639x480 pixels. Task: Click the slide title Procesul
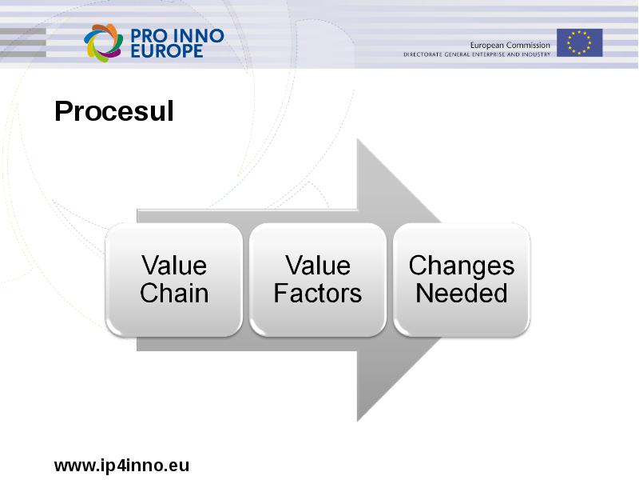[x=114, y=111]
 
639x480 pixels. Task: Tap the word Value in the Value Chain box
[x=174, y=266]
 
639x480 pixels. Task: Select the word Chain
[x=174, y=293]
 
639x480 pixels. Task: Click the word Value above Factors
[x=318, y=266]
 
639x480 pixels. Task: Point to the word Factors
[x=318, y=293]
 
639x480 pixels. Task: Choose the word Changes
[x=462, y=266]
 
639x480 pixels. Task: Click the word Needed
[x=462, y=293]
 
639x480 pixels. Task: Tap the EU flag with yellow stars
[x=580, y=42]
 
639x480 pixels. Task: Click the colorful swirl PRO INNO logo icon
[x=104, y=43]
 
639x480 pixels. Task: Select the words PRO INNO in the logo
[x=177, y=36]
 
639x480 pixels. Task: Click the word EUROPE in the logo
[x=167, y=51]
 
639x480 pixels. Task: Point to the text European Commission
[x=510, y=45]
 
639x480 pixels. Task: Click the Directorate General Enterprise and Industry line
[x=477, y=54]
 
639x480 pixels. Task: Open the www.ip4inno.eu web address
[x=122, y=466]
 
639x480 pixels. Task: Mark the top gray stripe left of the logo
[x=23, y=31]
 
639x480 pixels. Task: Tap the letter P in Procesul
[x=63, y=111]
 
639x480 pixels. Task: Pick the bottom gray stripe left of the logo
[x=23, y=54]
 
